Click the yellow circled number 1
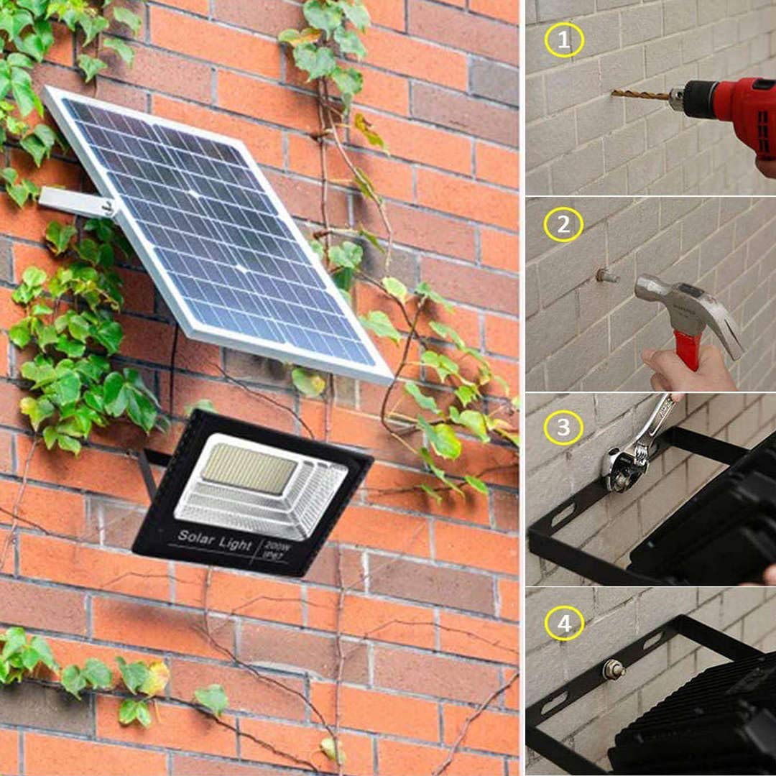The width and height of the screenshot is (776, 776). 564,40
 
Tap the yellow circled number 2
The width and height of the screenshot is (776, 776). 564,224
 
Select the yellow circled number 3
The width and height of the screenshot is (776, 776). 564,427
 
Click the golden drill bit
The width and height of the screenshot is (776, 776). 639,94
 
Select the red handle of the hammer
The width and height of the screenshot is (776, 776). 688,352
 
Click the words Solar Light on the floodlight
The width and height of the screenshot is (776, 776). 215,539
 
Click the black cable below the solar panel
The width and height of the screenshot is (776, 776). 172,366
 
